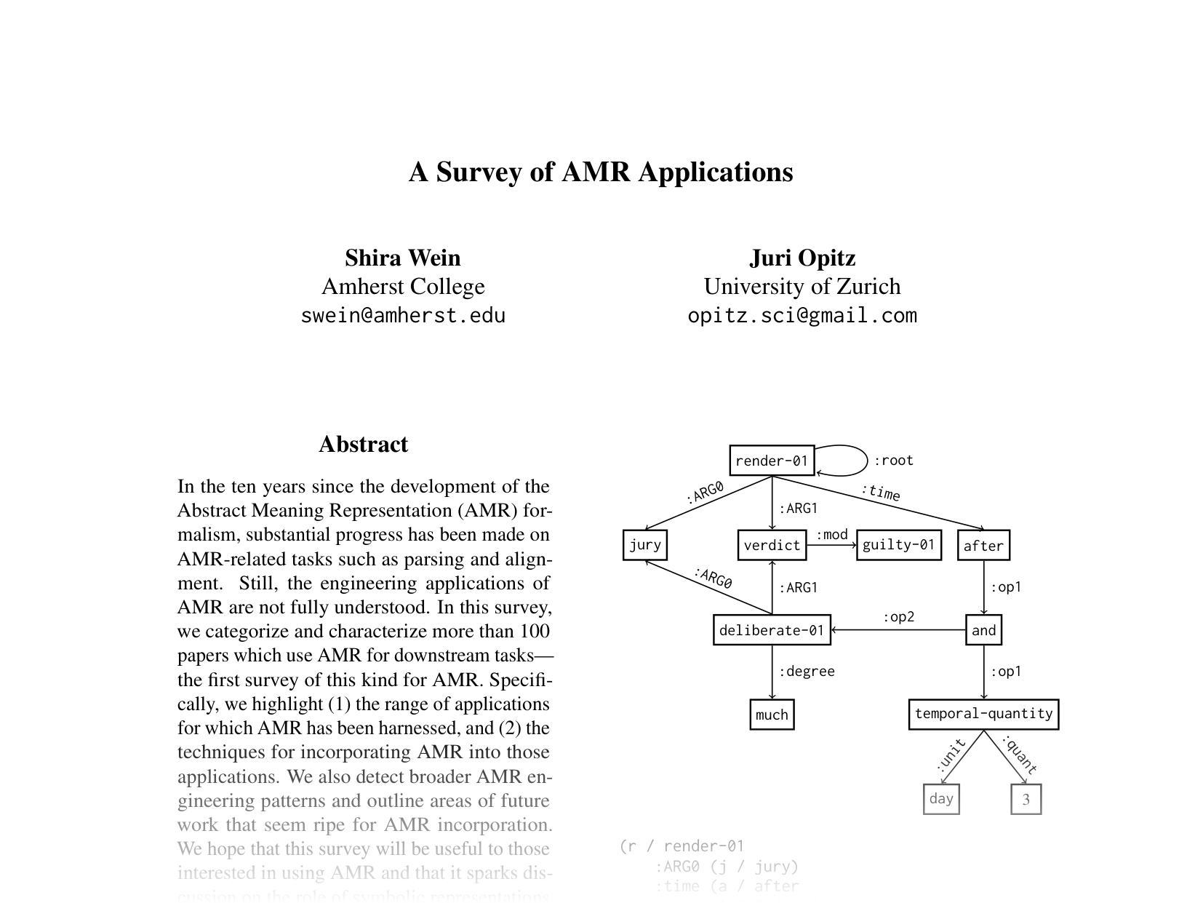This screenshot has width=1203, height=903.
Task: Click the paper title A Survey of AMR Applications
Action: click(x=601, y=172)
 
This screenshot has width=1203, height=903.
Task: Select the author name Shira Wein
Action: click(x=402, y=258)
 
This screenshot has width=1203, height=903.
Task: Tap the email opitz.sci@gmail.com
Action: click(x=802, y=316)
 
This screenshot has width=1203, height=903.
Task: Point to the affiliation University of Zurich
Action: click(x=802, y=287)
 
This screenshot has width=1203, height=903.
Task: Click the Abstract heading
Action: click(x=363, y=445)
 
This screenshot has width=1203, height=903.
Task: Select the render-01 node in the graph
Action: click(x=771, y=461)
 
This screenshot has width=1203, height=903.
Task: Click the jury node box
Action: click(x=644, y=545)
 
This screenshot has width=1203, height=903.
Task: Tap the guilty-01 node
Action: click(x=898, y=545)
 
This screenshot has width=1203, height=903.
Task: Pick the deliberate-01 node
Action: click(x=771, y=630)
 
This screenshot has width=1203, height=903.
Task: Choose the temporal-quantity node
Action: click(x=983, y=714)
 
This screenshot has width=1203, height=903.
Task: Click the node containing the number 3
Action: click(x=1026, y=799)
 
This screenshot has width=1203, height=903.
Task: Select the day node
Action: click(x=940, y=799)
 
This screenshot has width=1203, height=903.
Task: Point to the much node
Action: click(x=771, y=715)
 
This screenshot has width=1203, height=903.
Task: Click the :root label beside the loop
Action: click(x=893, y=461)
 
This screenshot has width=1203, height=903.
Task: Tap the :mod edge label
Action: click(x=831, y=535)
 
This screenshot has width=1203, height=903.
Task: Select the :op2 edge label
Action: click(x=898, y=617)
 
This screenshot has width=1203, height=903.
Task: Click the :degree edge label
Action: click(x=807, y=672)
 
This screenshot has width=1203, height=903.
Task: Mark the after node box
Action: click(x=983, y=546)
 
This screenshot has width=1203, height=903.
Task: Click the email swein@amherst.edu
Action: click(x=402, y=316)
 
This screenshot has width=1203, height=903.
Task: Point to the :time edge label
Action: click(x=881, y=493)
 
